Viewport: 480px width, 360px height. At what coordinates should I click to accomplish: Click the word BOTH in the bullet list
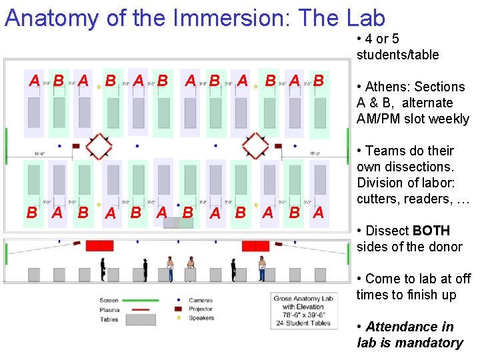click(431, 231)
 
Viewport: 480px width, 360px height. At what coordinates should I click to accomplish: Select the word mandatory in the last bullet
click(430, 343)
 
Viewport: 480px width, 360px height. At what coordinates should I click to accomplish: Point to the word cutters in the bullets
click(377, 199)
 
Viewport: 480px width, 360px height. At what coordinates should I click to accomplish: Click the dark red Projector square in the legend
click(178, 309)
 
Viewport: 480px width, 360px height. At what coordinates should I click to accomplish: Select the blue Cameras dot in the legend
click(178, 301)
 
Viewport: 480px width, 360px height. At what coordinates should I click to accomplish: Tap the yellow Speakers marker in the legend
click(178, 318)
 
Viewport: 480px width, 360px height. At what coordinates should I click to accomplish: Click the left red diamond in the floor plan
click(99, 146)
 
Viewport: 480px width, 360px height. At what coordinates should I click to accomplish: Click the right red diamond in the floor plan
click(255, 146)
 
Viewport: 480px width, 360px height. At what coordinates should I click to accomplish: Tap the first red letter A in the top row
click(34, 81)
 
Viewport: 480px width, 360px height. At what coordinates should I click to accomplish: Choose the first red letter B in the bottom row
click(31, 213)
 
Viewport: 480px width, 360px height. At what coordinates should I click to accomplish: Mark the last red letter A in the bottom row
click(319, 213)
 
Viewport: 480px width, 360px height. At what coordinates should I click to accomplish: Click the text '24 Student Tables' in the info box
click(303, 323)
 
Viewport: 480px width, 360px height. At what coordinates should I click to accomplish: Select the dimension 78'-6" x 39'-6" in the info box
click(303, 315)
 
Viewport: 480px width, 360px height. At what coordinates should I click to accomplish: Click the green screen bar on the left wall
click(6, 146)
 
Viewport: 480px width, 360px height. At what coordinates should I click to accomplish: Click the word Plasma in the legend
click(110, 310)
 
